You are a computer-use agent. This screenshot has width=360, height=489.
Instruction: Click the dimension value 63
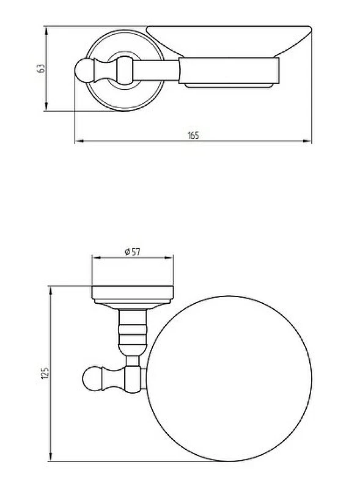tap(41, 68)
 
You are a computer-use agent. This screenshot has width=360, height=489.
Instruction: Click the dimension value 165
tap(193, 136)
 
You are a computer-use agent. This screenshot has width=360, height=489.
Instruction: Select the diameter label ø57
tap(133, 251)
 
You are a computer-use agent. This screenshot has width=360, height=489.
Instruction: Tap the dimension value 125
tap(46, 373)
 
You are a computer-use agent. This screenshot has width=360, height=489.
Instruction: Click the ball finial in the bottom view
tap(91, 379)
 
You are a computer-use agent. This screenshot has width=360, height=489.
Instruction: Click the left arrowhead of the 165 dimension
tap(79, 141)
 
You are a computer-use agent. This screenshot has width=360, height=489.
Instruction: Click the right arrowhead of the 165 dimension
tap(307, 141)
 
